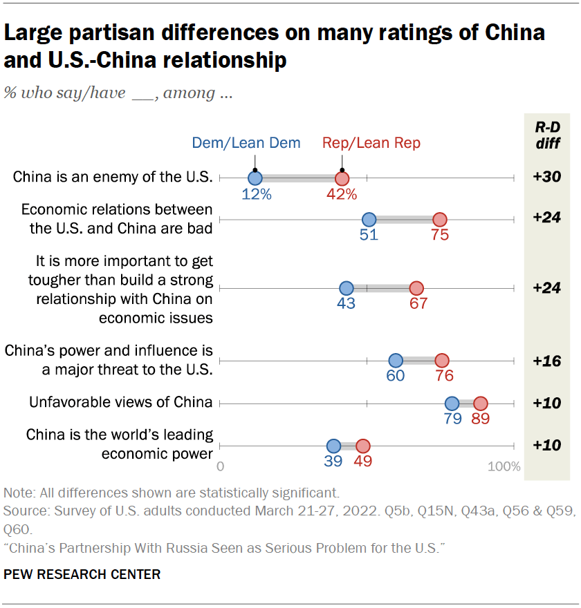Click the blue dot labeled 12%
tap(255, 178)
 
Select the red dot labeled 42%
tap(342, 178)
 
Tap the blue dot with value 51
tap(369, 220)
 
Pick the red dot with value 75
tap(439, 220)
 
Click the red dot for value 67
tap(416, 288)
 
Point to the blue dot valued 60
tap(396, 361)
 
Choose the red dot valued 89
tap(480, 403)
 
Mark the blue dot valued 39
tap(333, 446)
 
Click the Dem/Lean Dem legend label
tap(246, 143)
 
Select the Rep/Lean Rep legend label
tap(371, 143)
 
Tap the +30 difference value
tap(546, 178)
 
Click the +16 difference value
tap(546, 361)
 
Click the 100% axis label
tap(504, 466)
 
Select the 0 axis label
tap(221, 466)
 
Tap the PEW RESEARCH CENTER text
tap(82, 574)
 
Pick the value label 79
tap(452, 419)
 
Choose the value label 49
tap(362, 462)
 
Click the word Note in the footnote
tap(17, 493)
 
